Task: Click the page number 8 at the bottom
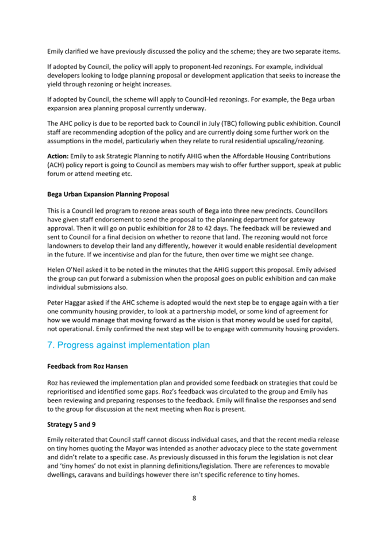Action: (194, 498)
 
